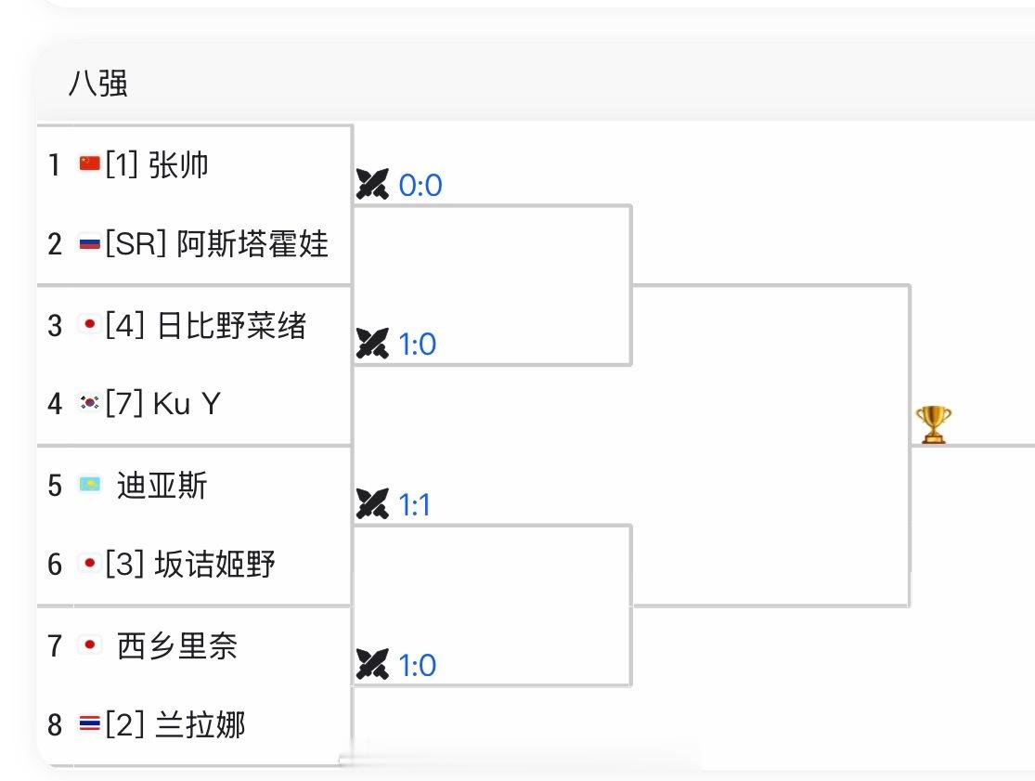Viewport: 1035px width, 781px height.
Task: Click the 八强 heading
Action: [x=97, y=84]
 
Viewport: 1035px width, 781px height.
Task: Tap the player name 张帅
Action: [x=178, y=164]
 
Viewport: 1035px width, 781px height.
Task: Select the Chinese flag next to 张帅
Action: [x=89, y=164]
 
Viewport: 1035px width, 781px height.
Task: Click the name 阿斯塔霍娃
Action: [x=252, y=244]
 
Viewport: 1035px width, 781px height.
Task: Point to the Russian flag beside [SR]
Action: [x=89, y=244]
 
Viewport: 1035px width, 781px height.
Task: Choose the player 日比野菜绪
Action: [x=231, y=325]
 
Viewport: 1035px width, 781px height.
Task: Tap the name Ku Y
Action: [x=187, y=403]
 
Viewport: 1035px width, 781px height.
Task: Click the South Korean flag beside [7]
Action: [x=89, y=403]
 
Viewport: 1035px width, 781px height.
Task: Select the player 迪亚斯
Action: [x=162, y=485]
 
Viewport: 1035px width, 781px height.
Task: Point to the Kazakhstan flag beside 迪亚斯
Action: [x=90, y=485]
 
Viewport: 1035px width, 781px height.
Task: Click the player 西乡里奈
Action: [x=177, y=644]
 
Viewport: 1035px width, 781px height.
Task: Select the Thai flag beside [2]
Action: [x=89, y=724]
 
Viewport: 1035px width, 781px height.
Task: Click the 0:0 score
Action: [x=420, y=186]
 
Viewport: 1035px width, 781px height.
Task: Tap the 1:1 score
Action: [x=415, y=505]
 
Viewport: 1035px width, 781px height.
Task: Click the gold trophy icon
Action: [x=933, y=424]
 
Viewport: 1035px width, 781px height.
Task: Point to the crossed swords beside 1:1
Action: [x=372, y=505]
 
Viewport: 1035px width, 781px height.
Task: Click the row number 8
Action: [x=55, y=724]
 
